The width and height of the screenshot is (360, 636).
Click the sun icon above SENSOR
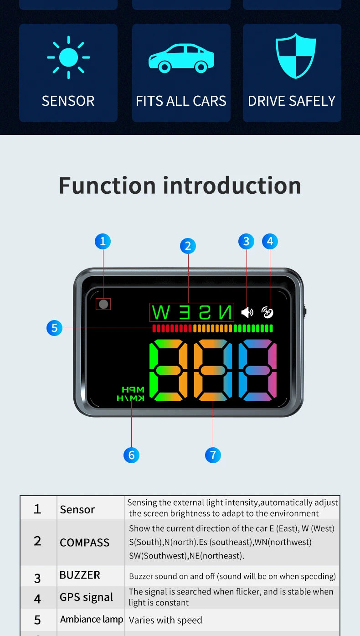pos(68,57)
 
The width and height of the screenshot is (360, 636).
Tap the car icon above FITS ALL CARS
pos(181,58)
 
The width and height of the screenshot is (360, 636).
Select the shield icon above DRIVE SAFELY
pos(296,56)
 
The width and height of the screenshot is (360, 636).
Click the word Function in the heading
pos(107,186)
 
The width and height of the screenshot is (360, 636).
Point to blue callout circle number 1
pos(103,241)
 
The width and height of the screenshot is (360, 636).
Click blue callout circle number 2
pos(188,246)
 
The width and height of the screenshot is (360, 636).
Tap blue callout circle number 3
pos(246,241)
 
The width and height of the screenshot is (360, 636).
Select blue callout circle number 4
pos(270,241)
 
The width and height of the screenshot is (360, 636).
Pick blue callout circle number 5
pos(55,328)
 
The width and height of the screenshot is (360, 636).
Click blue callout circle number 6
pos(131,455)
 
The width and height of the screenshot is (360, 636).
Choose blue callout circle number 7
pos(213,455)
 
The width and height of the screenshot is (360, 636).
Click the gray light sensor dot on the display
pos(103,304)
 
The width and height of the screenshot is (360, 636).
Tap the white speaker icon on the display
pos(247,313)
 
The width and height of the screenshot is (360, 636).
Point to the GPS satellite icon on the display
pos(267,313)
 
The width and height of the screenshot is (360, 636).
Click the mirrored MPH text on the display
pos(133,389)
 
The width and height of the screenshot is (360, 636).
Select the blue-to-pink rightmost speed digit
pos(257,370)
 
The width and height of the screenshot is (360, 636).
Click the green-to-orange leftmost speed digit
pos(169,370)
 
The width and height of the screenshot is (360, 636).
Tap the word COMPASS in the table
pos(85,543)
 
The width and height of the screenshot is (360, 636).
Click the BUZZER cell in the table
pos(91,575)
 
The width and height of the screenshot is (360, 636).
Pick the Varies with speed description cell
pos(232,620)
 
